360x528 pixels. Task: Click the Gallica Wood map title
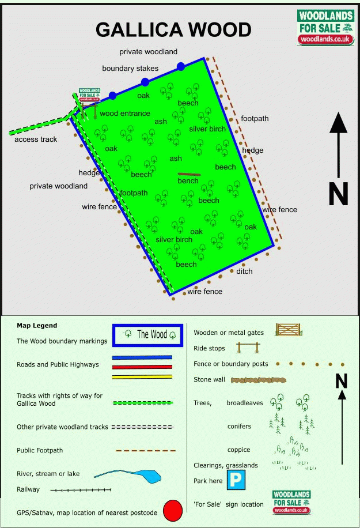coord(173,29)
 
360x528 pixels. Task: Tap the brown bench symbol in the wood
coord(189,175)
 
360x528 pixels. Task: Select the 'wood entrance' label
coord(125,114)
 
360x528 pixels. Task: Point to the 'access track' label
coord(36,139)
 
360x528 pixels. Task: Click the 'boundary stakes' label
coord(130,69)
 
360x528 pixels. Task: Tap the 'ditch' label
coord(244,271)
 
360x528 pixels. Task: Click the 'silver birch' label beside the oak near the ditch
coord(174,240)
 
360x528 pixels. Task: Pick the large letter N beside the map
coord(339,194)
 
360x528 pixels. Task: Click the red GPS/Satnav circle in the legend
coord(173,511)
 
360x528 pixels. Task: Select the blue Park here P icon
coord(236,480)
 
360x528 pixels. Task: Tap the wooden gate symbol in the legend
coord(289,330)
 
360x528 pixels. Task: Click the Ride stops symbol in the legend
coord(248,348)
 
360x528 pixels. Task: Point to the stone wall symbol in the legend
coord(259,380)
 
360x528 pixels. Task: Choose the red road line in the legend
coord(142,367)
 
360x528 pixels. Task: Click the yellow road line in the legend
coord(142,377)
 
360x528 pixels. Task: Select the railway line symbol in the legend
coord(81,490)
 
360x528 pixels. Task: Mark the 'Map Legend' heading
coord(37,326)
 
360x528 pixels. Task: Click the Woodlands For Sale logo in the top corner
coord(325,27)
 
